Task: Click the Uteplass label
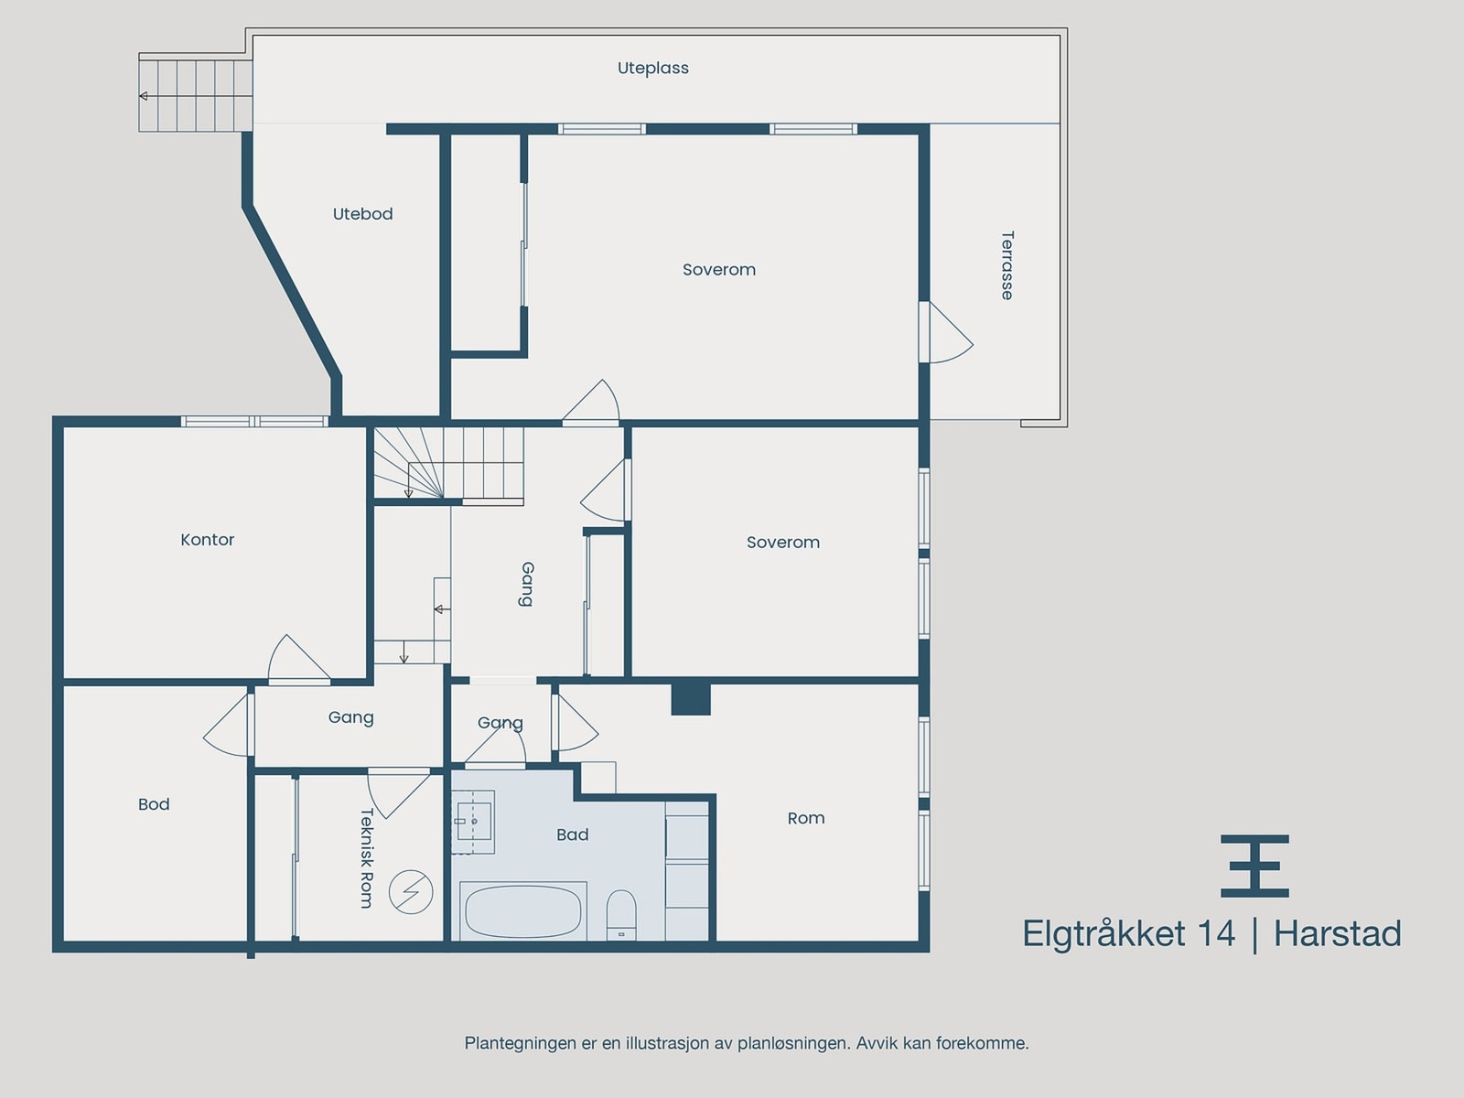point(653,68)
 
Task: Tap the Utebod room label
point(363,213)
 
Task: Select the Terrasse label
point(1007,265)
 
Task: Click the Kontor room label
point(208,539)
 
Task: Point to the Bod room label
point(154,804)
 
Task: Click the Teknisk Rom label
point(366,858)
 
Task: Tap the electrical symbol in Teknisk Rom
point(411,892)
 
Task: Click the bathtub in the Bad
point(522,910)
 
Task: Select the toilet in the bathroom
point(621,915)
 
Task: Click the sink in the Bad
point(473,822)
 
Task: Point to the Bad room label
point(572,834)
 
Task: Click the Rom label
point(806,818)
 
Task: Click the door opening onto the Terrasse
point(946,333)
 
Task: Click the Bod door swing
point(228,726)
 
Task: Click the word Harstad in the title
point(1338,933)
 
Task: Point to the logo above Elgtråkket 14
point(1254,866)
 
